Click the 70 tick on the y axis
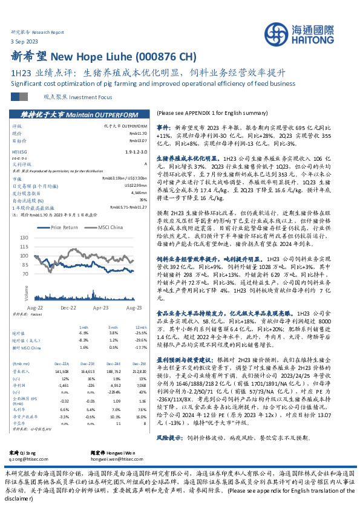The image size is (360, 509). pyautogui.click(x=25, y=273)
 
